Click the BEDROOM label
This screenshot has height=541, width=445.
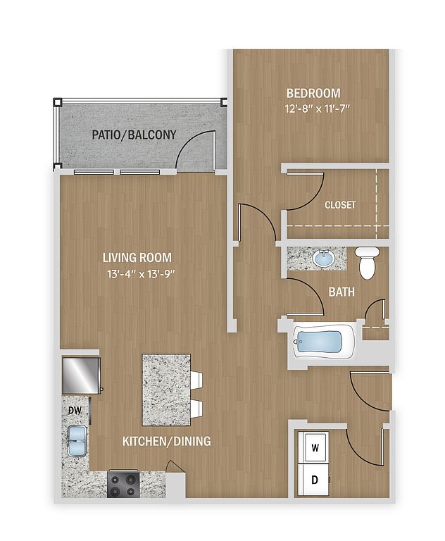[313, 93]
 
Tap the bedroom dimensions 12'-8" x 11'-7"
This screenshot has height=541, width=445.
[318, 109]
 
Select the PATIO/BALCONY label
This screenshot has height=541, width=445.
[134, 135]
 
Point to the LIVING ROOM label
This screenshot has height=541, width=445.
[137, 257]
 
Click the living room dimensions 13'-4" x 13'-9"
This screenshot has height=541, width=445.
[142, 274]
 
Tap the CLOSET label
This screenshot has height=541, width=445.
[340, 205]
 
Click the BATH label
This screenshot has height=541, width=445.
[341, 292]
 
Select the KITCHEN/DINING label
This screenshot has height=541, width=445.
[167, 441]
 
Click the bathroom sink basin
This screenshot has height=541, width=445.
[324, 259]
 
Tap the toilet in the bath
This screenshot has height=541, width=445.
[367, 263]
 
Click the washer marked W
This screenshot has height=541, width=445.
[315, 448]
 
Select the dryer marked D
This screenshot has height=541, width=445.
[315, 480]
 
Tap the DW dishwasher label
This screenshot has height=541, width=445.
[75, 411]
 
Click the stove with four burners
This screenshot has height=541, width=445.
[123, 485]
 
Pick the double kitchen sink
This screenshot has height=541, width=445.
[77, 441]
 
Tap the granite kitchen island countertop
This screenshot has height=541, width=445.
[166, 390]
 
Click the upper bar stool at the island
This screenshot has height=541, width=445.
[196, 380]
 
